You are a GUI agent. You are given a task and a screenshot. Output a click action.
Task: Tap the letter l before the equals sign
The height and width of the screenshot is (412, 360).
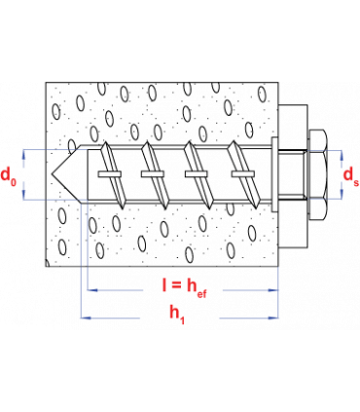coord(165,286)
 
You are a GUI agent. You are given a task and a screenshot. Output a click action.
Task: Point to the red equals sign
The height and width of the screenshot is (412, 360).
coord(178,286)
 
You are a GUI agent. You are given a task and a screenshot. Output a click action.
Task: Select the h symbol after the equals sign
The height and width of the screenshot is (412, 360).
coord(192,286)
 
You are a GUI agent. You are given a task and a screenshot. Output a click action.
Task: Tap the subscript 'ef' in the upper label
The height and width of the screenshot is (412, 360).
coord(202,291)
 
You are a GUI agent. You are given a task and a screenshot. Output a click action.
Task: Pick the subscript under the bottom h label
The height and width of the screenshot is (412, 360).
coord(182,319)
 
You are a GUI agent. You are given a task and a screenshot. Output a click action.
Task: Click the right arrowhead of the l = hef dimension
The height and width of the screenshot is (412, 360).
coord(273,290)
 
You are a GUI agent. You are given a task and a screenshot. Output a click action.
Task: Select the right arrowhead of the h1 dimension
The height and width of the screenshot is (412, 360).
coord(273,318)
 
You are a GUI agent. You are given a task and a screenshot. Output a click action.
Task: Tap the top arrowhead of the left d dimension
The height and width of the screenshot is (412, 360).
coord(23,155)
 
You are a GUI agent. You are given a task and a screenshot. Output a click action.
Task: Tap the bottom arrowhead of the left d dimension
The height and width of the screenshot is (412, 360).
coord(23,194)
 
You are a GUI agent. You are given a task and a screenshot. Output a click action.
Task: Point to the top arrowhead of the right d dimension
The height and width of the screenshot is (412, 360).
coord(342,155)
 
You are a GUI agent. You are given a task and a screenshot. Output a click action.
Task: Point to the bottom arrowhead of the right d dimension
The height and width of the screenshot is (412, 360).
coord(342,194)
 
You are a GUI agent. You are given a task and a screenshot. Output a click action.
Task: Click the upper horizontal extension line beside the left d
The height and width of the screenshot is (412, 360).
coord(54,150)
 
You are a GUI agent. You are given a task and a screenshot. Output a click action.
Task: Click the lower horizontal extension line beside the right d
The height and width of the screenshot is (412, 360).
coord(324,200)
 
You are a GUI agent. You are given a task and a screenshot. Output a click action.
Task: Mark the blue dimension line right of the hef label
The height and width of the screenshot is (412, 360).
coord(243,290)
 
